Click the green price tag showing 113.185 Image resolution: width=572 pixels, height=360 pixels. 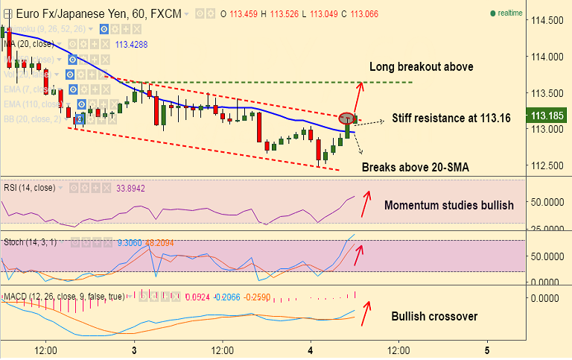(547, 116)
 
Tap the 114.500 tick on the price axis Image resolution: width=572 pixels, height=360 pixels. (546, 20)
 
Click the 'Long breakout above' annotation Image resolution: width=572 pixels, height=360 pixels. (421, 67)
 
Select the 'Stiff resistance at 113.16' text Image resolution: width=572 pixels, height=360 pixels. (451, 119)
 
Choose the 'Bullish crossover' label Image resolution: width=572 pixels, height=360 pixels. (434, 317)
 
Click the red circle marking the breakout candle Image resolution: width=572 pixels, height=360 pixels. (347, 118)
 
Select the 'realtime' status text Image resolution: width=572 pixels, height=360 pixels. (510, 13)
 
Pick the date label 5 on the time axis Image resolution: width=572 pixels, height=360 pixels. (486, 350)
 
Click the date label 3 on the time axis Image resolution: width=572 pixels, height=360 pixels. (134, 350)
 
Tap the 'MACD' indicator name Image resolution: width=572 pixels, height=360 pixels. (16, 297)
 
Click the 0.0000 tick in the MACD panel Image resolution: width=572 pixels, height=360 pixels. (546, 297)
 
